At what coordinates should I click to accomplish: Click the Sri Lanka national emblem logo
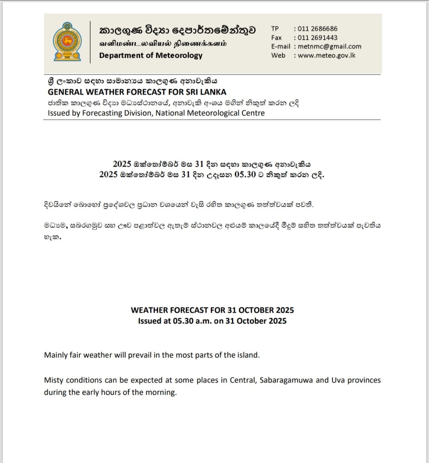point(68,41)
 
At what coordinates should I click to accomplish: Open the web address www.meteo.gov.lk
point(326,56)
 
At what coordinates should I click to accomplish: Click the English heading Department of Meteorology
point(151,55)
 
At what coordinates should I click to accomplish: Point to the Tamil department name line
point(163,43)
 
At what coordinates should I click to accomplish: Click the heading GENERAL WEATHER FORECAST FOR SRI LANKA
point(137,92)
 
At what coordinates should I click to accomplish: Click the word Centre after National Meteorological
point(252,113)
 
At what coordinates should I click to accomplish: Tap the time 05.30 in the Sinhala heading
point(245,175)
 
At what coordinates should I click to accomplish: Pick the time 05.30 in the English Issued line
point(183,321)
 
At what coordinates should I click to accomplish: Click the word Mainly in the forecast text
point(56,355)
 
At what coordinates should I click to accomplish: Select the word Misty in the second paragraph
point(54,380)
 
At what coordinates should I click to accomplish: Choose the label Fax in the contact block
point(276,38)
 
